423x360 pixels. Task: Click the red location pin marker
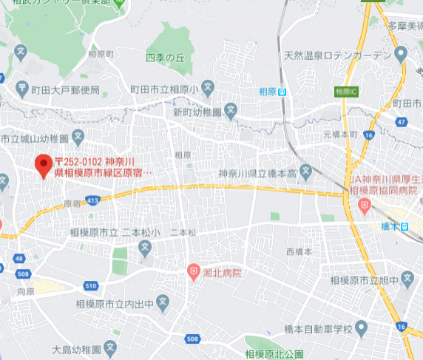point(44,166)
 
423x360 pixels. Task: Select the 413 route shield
point(92,200)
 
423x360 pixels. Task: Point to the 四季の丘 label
point(164,57)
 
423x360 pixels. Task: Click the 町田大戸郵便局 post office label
point(65,90)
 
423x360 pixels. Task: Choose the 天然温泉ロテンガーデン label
point(336,55)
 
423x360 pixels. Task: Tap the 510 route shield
point(91,286)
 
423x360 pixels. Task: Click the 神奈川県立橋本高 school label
point(257,173)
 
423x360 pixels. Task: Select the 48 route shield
point(19,259)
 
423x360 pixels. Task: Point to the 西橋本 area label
point(300,252)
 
